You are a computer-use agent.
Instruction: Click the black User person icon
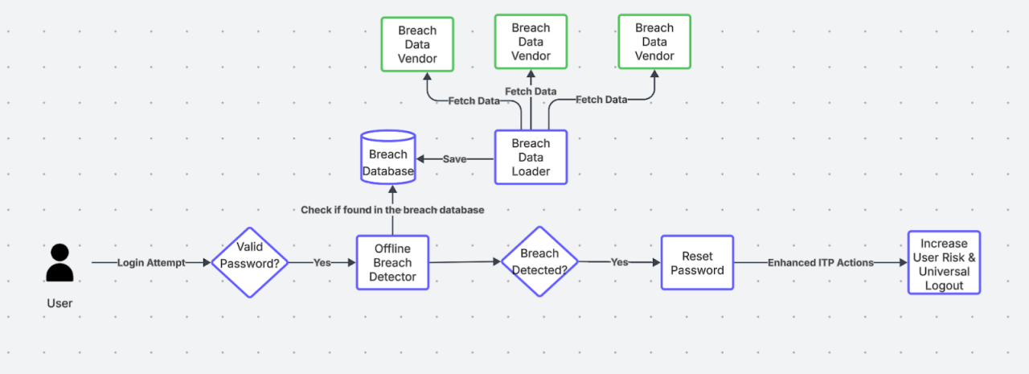point(59,262)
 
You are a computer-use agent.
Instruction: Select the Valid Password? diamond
point(249,262)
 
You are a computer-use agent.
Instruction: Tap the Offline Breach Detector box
point(392,263)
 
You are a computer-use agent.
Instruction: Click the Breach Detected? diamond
point(539,262)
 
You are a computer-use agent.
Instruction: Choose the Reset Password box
point(697,263)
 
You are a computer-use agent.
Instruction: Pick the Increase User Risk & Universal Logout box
point(944,263)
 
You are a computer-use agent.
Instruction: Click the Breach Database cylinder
point(388,158)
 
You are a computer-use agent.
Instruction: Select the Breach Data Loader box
point(531,158)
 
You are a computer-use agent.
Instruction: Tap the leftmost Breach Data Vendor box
point(417,44)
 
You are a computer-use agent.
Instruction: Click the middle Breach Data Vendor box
point(531,42)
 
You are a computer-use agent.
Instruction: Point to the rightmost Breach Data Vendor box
point(654,42)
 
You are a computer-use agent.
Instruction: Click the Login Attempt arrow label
point(151,263)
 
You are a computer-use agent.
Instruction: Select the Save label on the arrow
point(454,159)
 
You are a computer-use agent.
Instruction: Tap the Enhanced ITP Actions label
point(820,263)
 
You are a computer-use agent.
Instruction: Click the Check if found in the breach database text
point(392,210)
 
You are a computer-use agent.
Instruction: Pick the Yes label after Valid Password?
point(322,263)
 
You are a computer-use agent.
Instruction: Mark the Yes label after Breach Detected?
point(619,262)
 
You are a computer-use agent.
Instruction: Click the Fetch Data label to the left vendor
point(474,101)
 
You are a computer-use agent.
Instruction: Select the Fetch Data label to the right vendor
point(601,100)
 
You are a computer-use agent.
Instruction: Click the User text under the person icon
point(59,303)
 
